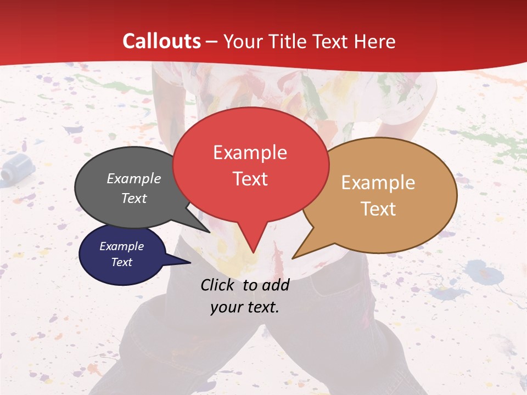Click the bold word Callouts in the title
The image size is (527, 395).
click(x=161, y=41)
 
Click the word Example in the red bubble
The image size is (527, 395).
click(x=250, y=153)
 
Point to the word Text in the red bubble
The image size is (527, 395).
click(x=250, y=179)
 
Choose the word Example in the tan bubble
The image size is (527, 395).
click(x=378, y=183)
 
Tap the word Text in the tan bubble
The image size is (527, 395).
click(x=379, y=209)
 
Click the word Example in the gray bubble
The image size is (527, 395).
click(x=134, y=178)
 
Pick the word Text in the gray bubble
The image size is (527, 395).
click(x=134, y=198)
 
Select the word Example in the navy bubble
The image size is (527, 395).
click(x=121, y=246)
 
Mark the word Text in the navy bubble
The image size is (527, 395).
click(x=121, y=262)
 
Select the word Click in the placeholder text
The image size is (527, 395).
click(x=219, y=285)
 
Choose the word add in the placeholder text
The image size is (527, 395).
click(x=276, y=285)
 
